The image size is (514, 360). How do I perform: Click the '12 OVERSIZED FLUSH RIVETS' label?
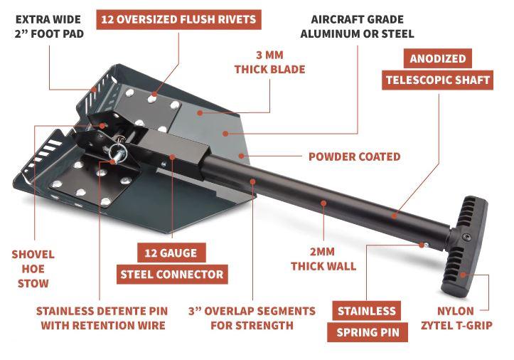178,20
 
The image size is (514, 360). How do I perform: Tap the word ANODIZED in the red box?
438,58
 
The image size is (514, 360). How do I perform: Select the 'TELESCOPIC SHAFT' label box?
438,80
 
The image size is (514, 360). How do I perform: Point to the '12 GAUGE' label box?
171,253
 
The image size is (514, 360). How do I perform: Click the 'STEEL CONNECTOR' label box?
172,275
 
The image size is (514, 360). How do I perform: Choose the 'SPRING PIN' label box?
368,332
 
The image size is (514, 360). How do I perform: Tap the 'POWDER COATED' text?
354,157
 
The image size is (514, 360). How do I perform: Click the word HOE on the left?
33,269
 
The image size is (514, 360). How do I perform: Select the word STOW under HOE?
33,283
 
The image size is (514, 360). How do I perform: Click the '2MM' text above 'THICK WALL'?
322,252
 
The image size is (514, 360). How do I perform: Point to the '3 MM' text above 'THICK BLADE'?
269,55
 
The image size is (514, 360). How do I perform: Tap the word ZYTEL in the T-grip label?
439,325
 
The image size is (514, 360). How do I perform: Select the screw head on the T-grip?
466,237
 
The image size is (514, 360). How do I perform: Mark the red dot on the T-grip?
463,275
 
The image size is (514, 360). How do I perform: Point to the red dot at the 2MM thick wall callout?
323,203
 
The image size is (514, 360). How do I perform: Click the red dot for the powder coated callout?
242,156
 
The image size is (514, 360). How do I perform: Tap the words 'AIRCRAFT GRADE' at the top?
358,19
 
